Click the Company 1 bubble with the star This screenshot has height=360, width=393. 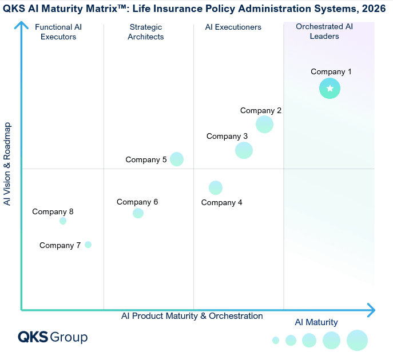pos(330,89)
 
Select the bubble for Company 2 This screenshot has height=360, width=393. pos(264,125)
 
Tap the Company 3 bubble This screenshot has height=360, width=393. pos(244,150)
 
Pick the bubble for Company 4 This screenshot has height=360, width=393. pos(216,188)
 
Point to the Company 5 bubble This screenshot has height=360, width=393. pos(177,159)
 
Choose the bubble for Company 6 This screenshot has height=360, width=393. pos(138,213)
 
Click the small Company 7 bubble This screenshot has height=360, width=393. pos(88,245)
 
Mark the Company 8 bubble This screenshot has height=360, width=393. pos(63,221)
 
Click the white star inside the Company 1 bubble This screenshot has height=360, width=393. pos(330,89)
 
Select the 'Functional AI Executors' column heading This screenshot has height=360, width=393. pos(58,32)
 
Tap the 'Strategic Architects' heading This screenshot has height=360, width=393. pos(146,32)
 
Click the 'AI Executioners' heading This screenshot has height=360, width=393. pos(233,27)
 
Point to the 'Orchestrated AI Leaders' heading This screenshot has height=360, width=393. pos(324,31)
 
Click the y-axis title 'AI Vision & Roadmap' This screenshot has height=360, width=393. pos(7,164)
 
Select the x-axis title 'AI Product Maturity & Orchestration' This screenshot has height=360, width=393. pos(192,316)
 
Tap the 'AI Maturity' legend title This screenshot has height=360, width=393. pos(316,322)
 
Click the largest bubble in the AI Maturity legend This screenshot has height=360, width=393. pos(357,340)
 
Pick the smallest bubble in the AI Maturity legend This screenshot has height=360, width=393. pos(276,340)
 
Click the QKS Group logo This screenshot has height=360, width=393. pos(53,337)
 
